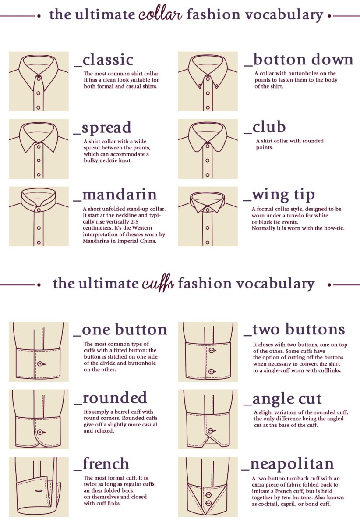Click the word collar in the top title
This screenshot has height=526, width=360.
coord(160,14)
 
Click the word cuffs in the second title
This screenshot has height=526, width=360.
coord(158,284)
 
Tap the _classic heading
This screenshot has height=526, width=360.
coord(103,60)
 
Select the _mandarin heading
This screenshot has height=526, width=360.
coord(115,195)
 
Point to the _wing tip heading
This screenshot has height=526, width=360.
coord(279,195)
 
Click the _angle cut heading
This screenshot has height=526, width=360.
coord(282,400)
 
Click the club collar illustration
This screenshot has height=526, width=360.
coord(208,149)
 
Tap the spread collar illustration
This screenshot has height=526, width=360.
coord(39,149)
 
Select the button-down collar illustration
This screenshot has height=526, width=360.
coord(208,81)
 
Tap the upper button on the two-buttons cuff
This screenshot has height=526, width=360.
coord(212,350)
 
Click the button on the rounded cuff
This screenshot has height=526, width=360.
coord(40,432)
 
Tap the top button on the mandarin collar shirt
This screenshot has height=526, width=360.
coord(39,210)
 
